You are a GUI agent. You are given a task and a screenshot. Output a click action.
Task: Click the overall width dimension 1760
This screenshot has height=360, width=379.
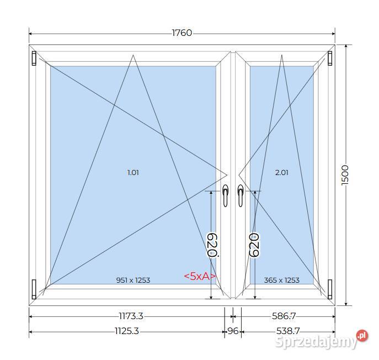[182, 33]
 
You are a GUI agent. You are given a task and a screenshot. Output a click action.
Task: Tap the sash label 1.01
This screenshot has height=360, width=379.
[133, 172]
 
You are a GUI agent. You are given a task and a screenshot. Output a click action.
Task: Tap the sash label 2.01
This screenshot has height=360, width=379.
[281, 172]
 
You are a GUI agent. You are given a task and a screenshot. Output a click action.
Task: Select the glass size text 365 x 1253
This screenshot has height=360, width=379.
[281, 280]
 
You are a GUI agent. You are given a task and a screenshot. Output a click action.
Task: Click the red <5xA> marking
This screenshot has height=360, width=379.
[199, 276]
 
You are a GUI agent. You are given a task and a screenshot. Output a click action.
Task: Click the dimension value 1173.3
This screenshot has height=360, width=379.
[131, 316]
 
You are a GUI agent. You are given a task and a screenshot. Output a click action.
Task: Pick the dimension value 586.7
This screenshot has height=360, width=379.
[284, 316]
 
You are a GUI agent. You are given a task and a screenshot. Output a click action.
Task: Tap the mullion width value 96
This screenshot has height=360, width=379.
[232, 331]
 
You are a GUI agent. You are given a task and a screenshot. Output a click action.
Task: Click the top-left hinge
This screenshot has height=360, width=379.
[34, 58]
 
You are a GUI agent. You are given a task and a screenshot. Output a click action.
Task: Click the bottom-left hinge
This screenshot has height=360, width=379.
[34, 287]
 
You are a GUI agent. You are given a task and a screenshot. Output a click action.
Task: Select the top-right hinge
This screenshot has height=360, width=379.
[330, 58]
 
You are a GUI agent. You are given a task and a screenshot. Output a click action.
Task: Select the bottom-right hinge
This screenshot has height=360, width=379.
[330, 287]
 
